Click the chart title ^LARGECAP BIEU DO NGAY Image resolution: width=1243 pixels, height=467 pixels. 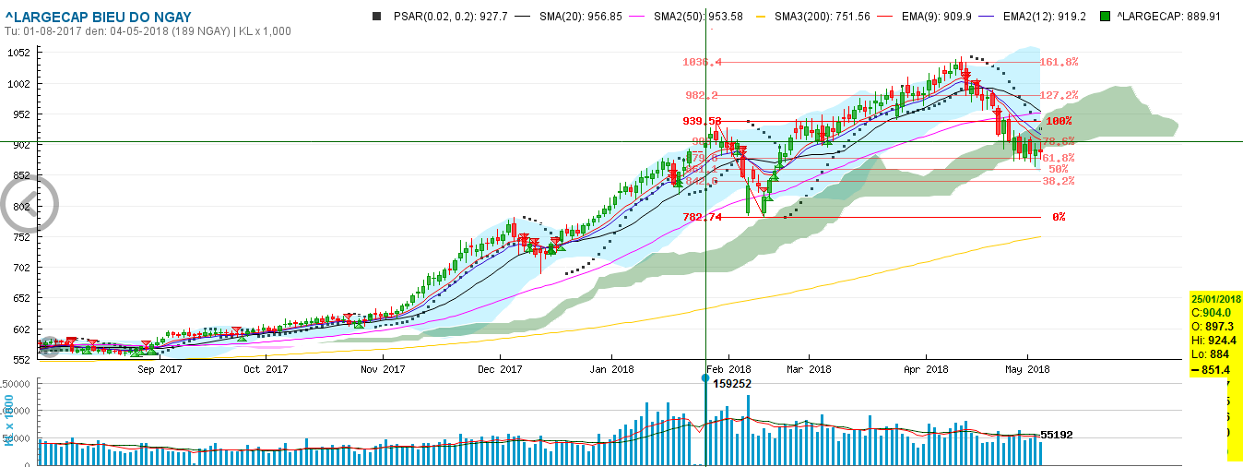click(x=98, y=17)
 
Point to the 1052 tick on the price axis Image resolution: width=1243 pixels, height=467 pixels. click(x=19, y=53)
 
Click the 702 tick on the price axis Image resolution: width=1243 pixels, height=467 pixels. click(x=19, y=268)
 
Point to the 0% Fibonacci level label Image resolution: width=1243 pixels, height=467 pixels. click(x=1059, y=217)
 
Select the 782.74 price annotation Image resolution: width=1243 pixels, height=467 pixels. click(x=702, y=217)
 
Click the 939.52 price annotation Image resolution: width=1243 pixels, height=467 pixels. click(x=702, y=121)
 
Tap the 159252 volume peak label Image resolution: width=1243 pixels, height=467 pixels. click(x=734, y=382)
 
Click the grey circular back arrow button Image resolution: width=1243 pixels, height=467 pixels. click(x=29, y=204)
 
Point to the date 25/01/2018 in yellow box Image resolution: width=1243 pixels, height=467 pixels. click(x=1215, y=299)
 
